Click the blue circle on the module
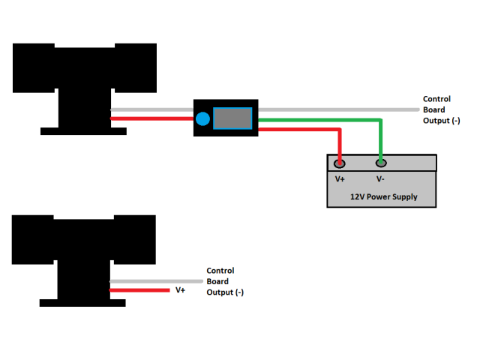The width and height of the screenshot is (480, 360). click(x=202, y=118)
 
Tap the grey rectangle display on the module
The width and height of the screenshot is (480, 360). click(x=232, y=118)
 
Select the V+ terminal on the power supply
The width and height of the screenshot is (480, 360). click(x=340, y=163)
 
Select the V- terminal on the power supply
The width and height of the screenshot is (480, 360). click(x=381, y=163)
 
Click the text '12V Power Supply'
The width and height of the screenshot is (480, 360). click(x=383, y=197)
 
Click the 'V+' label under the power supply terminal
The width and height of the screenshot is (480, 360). click(x=340, y=179)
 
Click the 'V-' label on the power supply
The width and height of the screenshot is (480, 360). click(x=380, y=179)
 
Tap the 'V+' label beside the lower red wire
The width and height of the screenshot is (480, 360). click(x=180, y=289)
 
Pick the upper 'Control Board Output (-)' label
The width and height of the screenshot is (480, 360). click(x=436, y=109)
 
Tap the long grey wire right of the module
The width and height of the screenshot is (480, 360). click(x=337, y=109)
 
